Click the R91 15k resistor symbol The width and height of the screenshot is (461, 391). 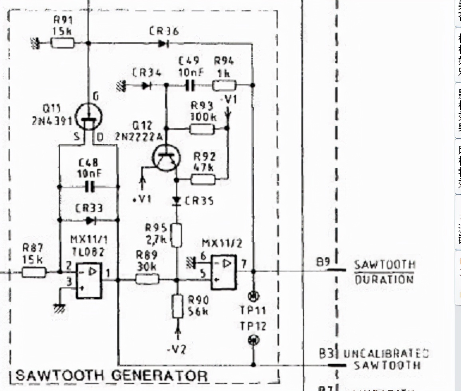click(x=63, y=43)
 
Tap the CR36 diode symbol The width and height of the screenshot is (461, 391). click(x=162, y=43)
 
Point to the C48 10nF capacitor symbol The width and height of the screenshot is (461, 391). click(x=89, y=186)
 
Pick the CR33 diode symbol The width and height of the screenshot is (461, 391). click(x=89, y=220)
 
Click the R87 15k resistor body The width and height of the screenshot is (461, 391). click(x=34, y=272)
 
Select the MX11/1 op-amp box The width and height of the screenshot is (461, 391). click(x=89, y=280)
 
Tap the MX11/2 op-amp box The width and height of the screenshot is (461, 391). click(x=224, y=272)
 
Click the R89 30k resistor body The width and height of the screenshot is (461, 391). click(x=148, y=280)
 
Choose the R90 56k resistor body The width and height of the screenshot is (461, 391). click(x=177, y=306)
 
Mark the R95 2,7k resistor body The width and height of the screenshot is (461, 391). click(x=177, y=235)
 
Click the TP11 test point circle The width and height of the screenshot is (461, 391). click(x=253, y=296)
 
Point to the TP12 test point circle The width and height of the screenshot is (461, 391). click(x=253, y=340)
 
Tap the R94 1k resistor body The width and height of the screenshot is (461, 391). click(x=224, y=85)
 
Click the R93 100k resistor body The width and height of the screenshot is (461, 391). click(x=202, y=129)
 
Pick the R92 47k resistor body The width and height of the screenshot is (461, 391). click(x=203, y=180)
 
